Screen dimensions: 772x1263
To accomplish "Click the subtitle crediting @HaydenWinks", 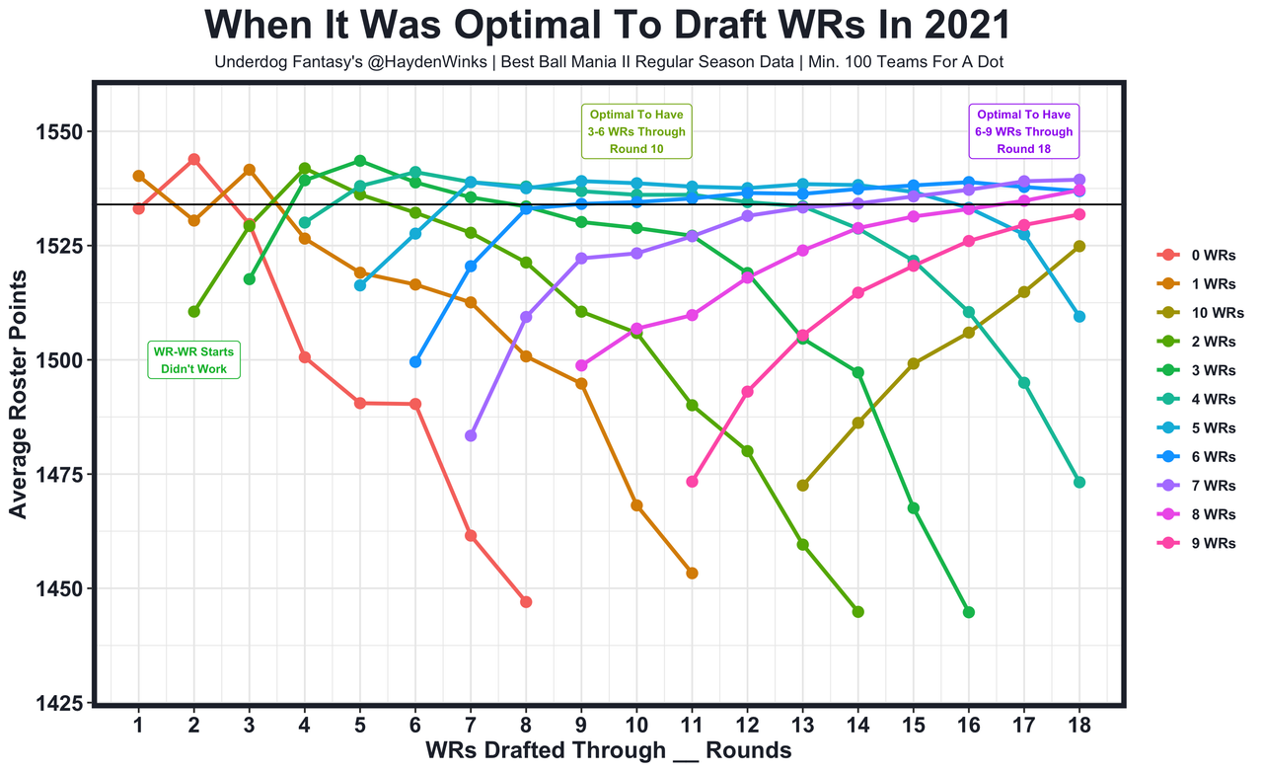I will [609, 63].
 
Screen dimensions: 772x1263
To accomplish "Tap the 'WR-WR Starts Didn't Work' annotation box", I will [193, 359].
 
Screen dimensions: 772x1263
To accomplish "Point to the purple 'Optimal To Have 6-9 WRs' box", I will [1023, 131].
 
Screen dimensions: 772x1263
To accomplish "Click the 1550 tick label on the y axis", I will [66, 131].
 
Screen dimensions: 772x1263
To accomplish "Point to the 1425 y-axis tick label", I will [66, 703].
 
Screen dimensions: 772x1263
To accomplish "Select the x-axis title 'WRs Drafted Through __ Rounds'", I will [609, 751].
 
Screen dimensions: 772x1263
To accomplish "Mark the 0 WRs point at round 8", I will [526, 602].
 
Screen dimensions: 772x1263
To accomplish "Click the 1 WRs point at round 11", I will [692, 573].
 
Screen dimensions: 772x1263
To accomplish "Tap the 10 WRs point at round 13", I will [802, 486].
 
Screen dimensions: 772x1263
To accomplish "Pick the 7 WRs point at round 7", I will [471, 435].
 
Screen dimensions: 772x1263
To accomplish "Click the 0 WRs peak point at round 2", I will [193, 159].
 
